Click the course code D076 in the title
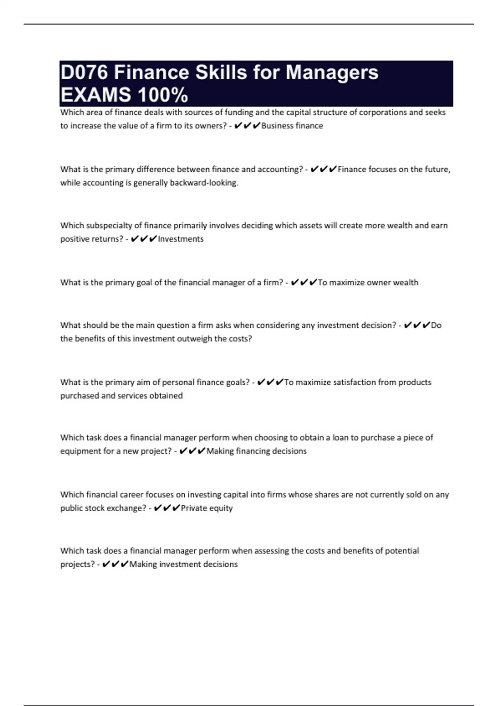(x=84, y=73)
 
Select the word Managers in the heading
(x=332, y=73)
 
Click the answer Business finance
(x=292, y=126)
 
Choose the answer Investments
(x=181, y=239)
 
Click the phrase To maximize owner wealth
(x=368, y=282)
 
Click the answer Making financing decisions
(x=256, y=451)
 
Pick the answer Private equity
(x=207, y=508)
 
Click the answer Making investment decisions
(x=183, y=564)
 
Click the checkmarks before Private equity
(x=166, y=508)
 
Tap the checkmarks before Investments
(x=144, y=239)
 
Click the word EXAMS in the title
(x=95, y=96)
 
